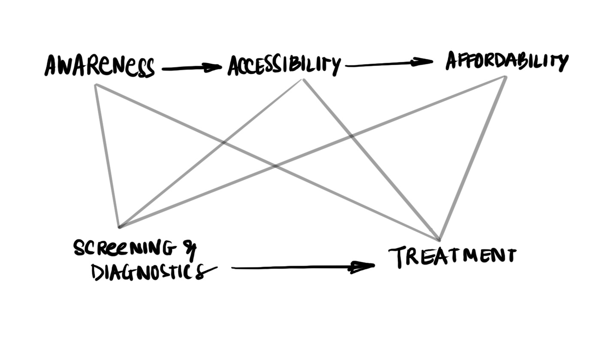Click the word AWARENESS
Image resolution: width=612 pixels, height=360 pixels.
click(x=99, y=66)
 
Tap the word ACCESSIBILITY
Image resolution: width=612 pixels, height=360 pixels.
click(x=284, y=66)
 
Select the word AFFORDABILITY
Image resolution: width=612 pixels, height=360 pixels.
click(x=507, y=61)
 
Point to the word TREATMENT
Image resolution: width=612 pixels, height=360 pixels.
click(x=452, y=256)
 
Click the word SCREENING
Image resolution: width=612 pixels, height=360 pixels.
click(x=124, y=248)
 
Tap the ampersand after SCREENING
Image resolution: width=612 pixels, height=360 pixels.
click(x=189, y=249)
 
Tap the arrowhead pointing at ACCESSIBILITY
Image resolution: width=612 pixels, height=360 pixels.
click(x=212, y=67)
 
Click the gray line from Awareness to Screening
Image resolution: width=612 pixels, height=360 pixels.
click(x=107, y=154)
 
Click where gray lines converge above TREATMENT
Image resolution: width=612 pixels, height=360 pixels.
click(x=439, y=239)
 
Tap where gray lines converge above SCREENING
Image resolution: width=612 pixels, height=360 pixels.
click(x=120, y=226)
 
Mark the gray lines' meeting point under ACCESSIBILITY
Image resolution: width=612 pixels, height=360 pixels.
click(x=303, y=80)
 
